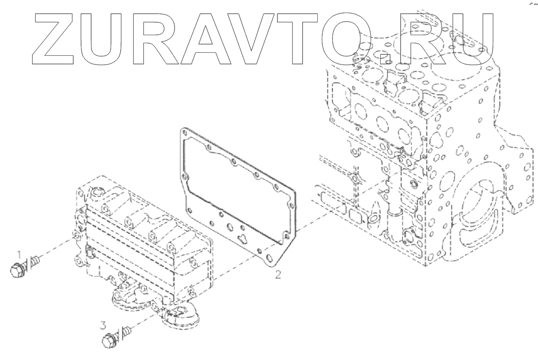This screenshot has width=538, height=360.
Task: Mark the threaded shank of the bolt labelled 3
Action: [x=126, y=331]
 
